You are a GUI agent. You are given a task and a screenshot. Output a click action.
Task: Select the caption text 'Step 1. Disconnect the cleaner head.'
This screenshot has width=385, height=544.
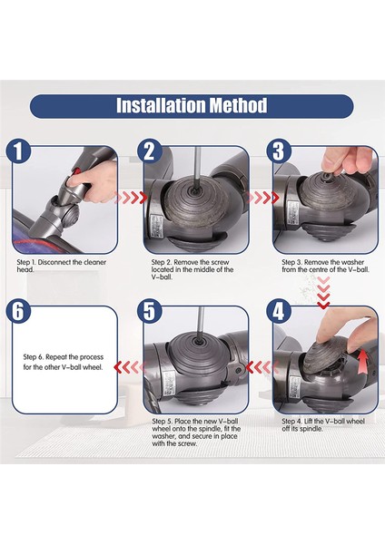pyautogui.click(x=64, y=265)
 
